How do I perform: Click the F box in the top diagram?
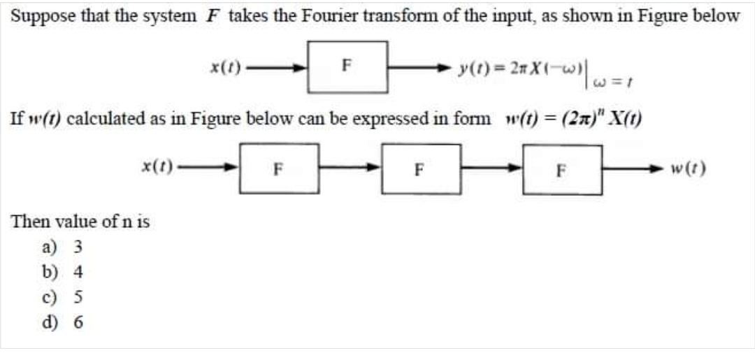point(347,67)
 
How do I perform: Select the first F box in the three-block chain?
point(279,168)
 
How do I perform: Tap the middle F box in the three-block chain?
point(421,168)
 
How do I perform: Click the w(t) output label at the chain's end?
point(689,168)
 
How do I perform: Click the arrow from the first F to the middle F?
point(349,168)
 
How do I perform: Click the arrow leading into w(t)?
point(632,168)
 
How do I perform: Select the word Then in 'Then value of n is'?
point(27,222)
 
